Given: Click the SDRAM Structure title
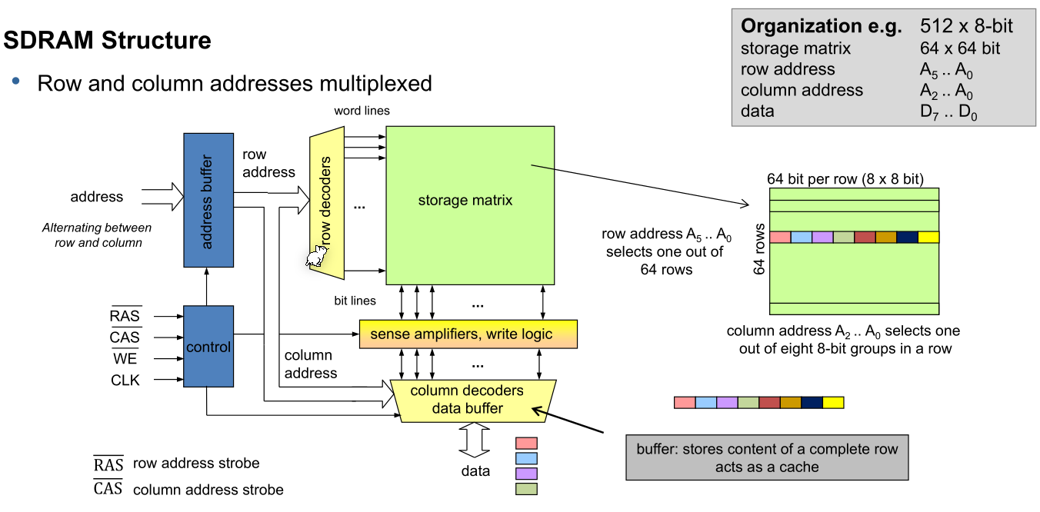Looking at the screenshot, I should tap(108, 40).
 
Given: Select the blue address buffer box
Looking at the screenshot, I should tap(208, 200).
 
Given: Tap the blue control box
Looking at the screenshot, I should tap(208, 347).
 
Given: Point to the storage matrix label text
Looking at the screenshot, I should tap(465, 201).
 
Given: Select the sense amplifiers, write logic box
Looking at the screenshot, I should tap(467, 334).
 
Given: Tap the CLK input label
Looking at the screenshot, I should tap(125, 380).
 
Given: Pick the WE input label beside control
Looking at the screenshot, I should tap(125, 359).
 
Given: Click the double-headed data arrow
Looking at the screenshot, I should tap(475, 442).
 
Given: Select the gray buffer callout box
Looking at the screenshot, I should tap(767, 458).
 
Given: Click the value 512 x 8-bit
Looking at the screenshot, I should tap(966, 26).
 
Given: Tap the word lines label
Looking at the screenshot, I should tap(362, 111).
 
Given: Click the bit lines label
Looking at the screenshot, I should tap(355, 301).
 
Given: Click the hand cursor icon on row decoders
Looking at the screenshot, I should tap(315, 258).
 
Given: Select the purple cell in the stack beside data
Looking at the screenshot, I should tap(526, 474).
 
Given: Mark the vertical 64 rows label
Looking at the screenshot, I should tap(760, 250).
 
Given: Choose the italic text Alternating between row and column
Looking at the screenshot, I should tap(97, 235).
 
